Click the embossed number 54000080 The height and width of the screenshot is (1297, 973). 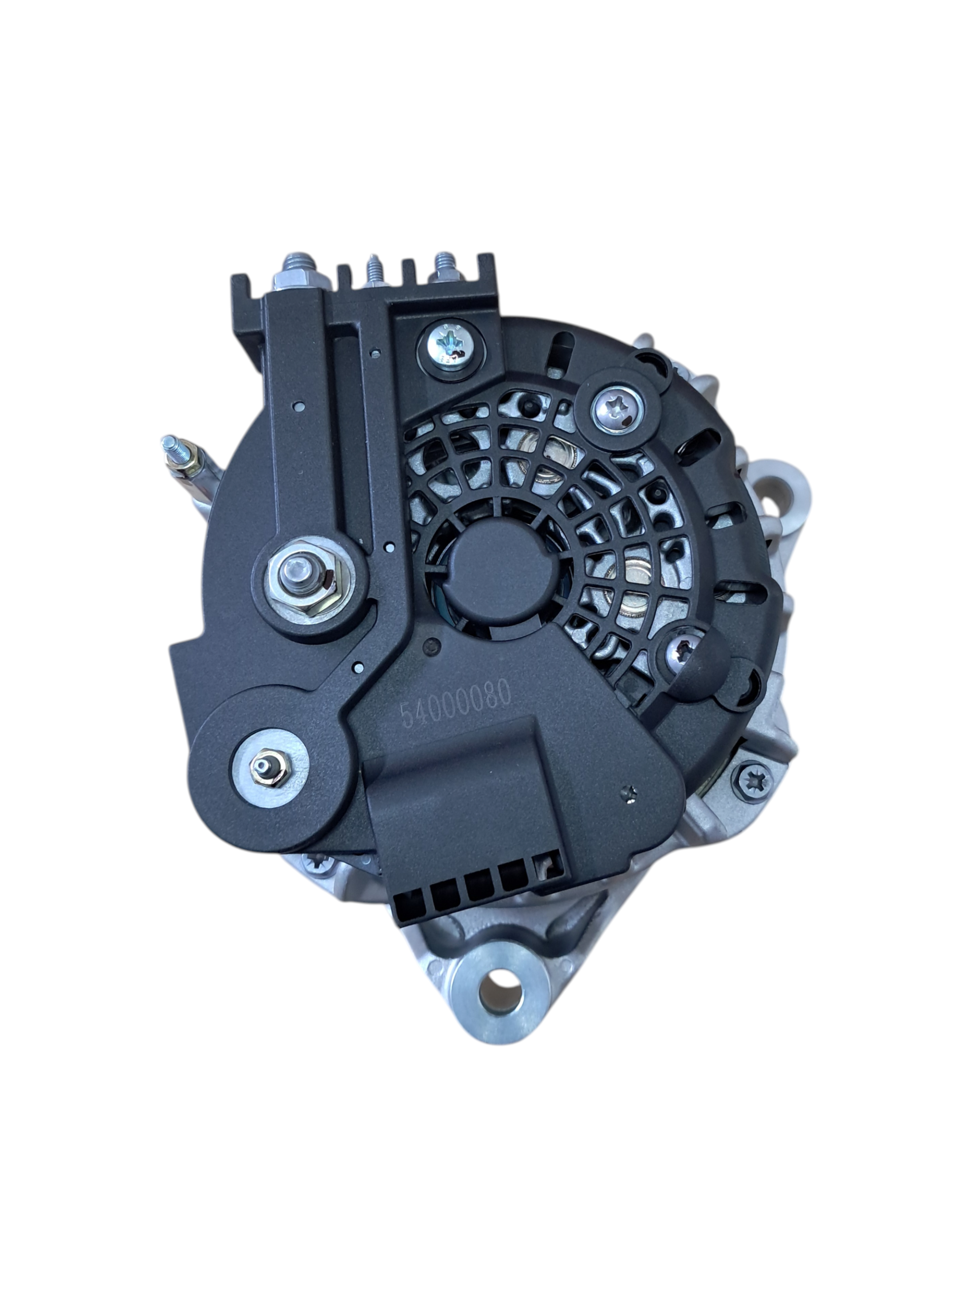click(x=455, y=704)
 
